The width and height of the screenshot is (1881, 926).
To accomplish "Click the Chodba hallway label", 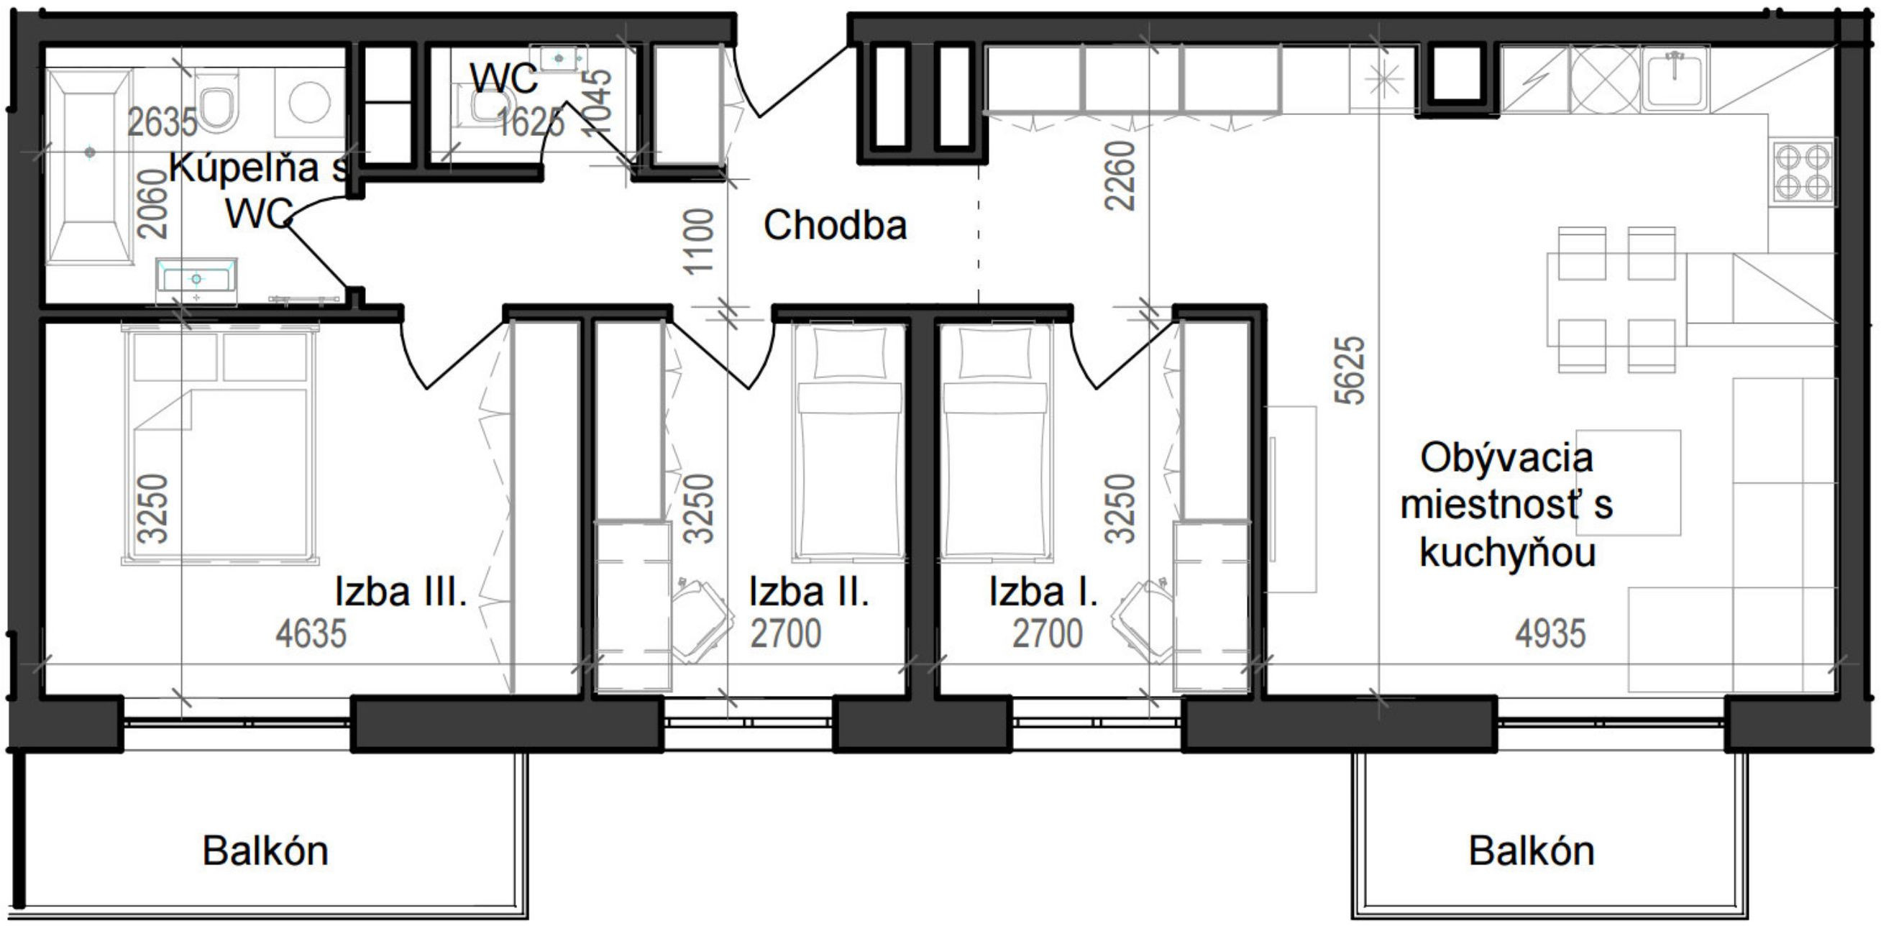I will click(x=835, y=225).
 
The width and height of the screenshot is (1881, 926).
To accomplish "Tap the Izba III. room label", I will click(x=401, y=592).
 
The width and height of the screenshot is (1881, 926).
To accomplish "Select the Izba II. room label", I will click(x=808, y=592).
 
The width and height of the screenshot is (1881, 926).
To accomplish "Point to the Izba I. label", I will click(x=1043, y=592).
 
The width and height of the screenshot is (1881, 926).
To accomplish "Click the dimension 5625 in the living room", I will click(x=1349, y=370).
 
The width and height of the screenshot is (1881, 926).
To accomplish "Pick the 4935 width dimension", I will click(x=1550, y=633).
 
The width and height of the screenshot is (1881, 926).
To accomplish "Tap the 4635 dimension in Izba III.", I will click(x=311, y=633).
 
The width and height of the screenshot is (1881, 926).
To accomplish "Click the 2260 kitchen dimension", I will click(x=1120, y=175).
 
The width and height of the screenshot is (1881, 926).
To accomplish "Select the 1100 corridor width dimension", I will click(x=698, y=241).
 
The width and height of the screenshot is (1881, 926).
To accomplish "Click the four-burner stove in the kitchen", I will click(x=1802, y=172).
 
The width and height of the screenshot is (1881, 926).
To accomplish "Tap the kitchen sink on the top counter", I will click(x=1675, y=78).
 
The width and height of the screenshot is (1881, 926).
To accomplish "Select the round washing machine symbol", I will click(x=309, y=101).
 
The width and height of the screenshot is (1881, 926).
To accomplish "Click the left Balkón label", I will click(x=265, y=851).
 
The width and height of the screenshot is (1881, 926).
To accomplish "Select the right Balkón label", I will click(x=1532, y=851).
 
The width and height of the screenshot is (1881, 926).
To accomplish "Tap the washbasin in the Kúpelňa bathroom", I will click(x=196, y=279).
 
